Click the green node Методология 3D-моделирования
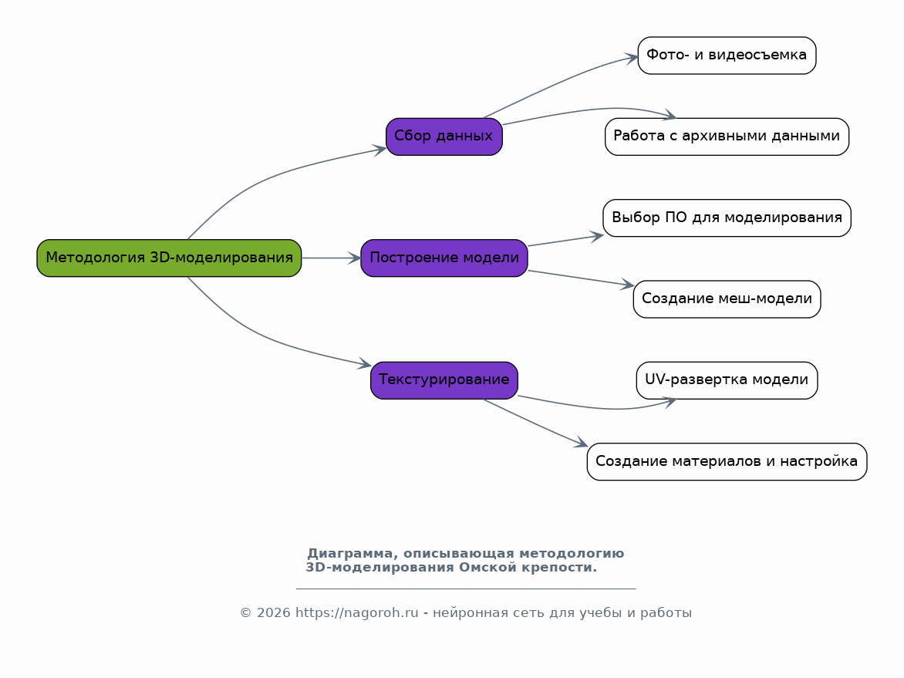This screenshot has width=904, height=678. point(169,258)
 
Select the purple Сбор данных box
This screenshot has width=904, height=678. point(444,137)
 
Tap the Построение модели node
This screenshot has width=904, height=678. point(444,258)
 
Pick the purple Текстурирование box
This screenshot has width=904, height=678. point(444,380)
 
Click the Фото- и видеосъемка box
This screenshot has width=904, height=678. point(727,56)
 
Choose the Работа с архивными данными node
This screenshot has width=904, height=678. point(727,137)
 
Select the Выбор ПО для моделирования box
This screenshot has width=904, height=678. point(727,218)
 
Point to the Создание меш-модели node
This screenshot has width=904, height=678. point(727,299)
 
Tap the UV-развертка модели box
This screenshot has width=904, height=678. point(727,380)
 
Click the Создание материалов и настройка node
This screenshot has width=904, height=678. point(727,461)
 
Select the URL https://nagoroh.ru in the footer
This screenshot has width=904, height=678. point(356,613)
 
